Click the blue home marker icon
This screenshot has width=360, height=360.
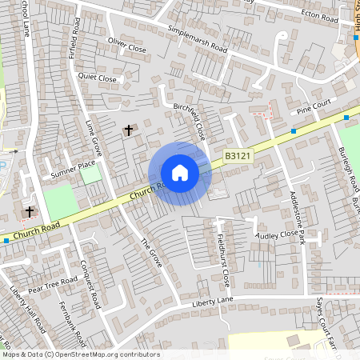tap(180, 173)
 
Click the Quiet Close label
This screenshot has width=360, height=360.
tap(97, 78)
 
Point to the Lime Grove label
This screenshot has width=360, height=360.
tap(94, 138)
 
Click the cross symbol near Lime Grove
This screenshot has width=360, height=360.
tap(127, 130)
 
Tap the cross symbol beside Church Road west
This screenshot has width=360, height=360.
tap(30, 212)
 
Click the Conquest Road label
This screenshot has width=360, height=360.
tap(90, 284)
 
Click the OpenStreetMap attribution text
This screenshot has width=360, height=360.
tap(80, 354)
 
